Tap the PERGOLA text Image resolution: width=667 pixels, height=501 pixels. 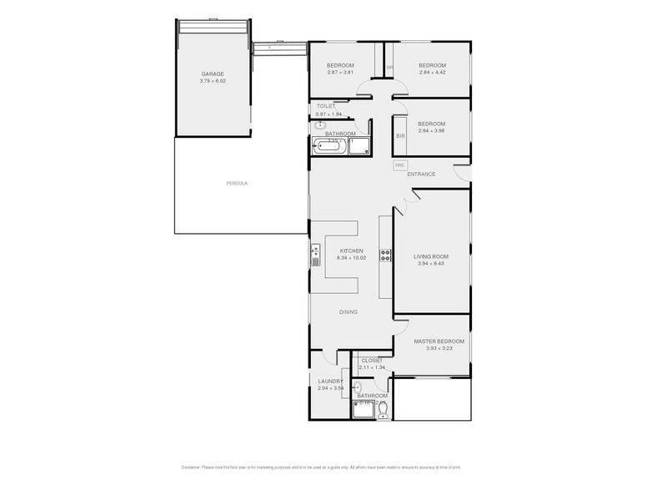tap(238, 183)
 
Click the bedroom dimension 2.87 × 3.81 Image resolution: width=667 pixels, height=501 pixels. tap(340, 73)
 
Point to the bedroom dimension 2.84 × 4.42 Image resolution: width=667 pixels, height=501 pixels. tap(432, 73)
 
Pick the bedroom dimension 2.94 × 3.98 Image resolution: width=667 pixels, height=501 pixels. tap(432, 130)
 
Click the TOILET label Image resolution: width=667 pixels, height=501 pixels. tap(326, 107)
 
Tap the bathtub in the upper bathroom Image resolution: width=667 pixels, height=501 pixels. tap(328, 148)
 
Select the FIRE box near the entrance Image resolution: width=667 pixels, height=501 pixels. tap(399, 165)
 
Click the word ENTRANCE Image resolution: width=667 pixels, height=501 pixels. tap(421, 174)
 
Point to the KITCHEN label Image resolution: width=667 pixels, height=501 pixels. tap(351, 251)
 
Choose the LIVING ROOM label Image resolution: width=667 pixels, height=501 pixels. tap(432, 256)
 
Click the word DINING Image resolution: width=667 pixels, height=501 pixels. tap(348, 312)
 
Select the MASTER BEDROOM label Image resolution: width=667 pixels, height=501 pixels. tap(439, 341)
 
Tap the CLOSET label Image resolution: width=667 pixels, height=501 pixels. tap(371, 361)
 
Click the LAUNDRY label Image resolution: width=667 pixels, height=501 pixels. tap(330, 382)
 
